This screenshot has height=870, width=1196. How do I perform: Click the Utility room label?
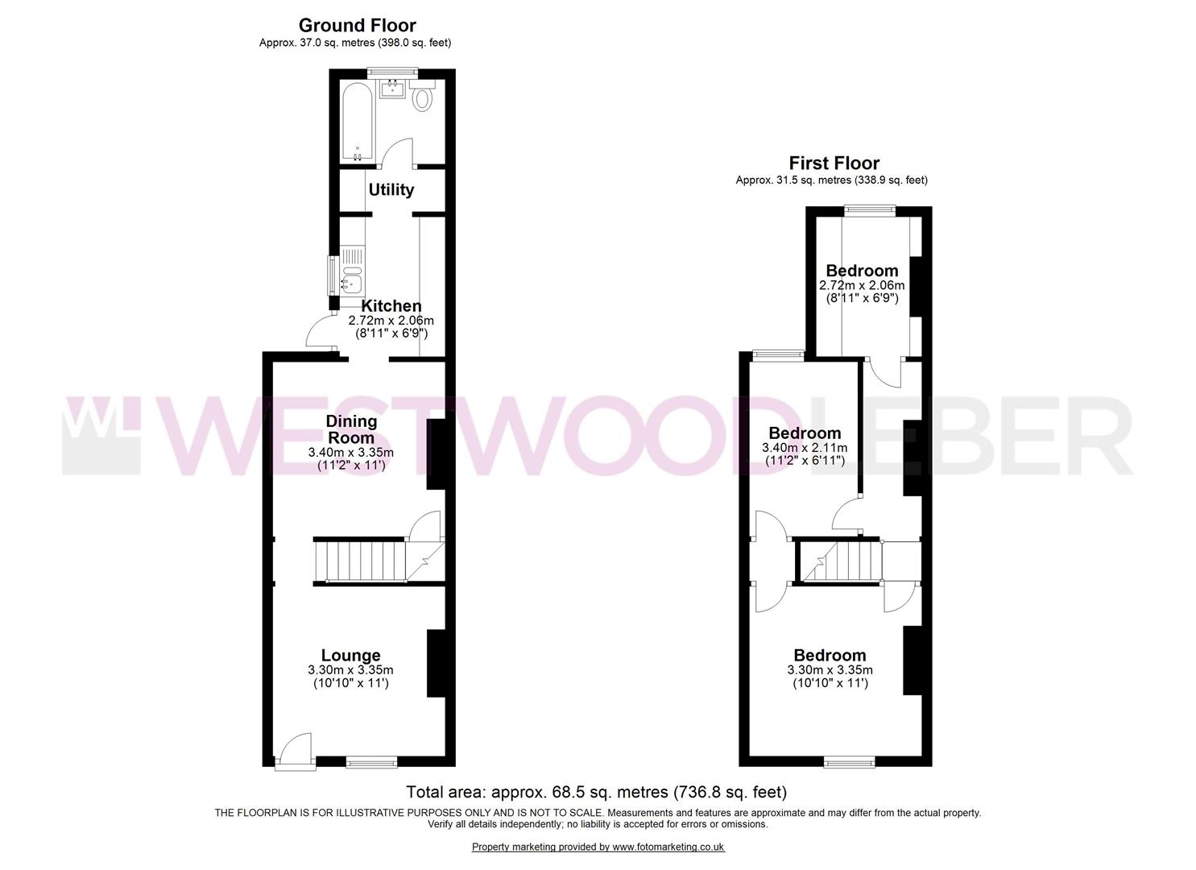(x=391, y=190)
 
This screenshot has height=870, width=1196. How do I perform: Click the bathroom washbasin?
(x=393, y=88)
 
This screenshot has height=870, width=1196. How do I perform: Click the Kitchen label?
(x=391, y=306)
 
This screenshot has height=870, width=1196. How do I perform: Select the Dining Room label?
(x=351, y=429)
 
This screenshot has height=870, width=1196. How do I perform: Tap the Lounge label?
(x=350, y=656)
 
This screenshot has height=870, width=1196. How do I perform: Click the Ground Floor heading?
(x=357, y=26)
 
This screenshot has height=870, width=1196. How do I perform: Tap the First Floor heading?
(x=834, y=164)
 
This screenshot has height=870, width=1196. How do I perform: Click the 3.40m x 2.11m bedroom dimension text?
(x=805, y=448)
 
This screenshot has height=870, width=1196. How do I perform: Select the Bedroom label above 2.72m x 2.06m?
(x=862, y=271)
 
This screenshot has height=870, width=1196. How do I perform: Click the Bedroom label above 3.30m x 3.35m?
(x=830, y=656)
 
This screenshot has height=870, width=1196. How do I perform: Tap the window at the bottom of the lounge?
(x=372, y=760)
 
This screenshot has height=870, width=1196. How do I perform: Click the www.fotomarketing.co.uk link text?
(x=668, y=847)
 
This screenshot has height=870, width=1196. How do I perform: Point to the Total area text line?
(x=596, y=792)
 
